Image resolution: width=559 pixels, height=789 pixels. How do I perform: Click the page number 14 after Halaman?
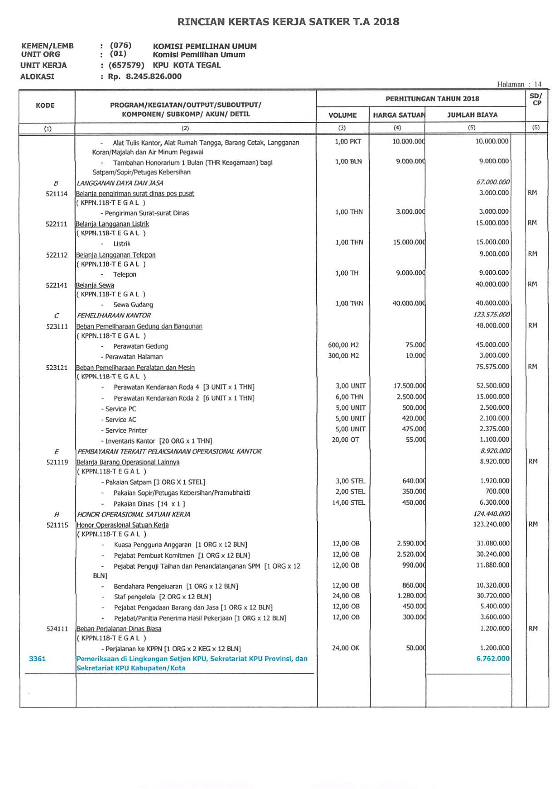538,84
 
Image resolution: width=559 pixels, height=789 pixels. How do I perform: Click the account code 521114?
57,194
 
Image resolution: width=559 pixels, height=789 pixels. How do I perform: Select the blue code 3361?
38,659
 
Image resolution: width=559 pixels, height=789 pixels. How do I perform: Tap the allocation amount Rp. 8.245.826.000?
145,77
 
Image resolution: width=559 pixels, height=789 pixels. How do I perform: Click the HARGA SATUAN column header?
399,115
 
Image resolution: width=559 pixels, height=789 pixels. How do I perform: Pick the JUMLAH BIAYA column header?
472,115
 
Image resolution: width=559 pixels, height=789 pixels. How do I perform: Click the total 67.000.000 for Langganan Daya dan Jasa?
493,182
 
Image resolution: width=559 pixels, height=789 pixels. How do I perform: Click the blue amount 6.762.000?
493,658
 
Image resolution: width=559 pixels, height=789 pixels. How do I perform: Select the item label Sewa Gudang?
133,304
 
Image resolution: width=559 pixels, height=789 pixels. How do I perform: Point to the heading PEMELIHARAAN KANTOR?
114,315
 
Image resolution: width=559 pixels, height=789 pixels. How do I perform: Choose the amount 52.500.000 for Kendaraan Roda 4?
493,385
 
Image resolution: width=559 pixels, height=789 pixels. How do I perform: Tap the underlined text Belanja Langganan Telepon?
116,255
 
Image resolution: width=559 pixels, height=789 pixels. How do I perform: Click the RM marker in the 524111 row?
533,628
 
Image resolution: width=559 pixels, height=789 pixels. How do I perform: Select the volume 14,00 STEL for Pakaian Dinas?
348,502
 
